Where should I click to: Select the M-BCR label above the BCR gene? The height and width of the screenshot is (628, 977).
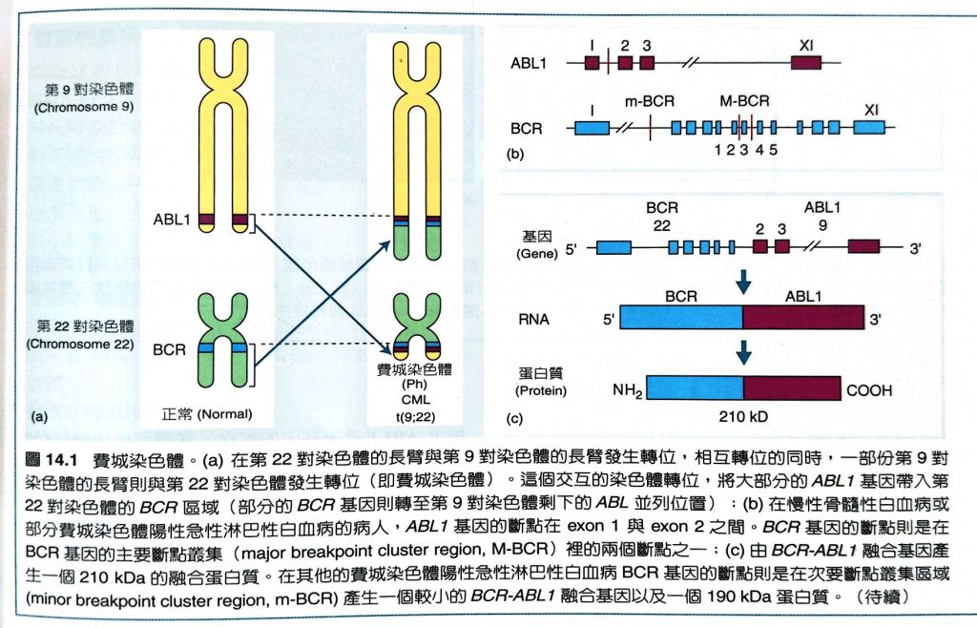[x=744, y=100]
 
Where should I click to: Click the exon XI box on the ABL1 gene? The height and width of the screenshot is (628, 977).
[x=806, y=63]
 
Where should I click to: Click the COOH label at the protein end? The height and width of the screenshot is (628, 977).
[x=870, y=388]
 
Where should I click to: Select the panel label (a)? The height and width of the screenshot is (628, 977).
[x=40, y=415]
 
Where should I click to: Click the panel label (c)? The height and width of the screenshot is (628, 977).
[x=516, y=417]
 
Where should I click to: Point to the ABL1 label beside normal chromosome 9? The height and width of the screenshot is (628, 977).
[x=172, y=220]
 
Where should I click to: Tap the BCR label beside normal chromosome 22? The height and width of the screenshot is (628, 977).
[x=169, y=350]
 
